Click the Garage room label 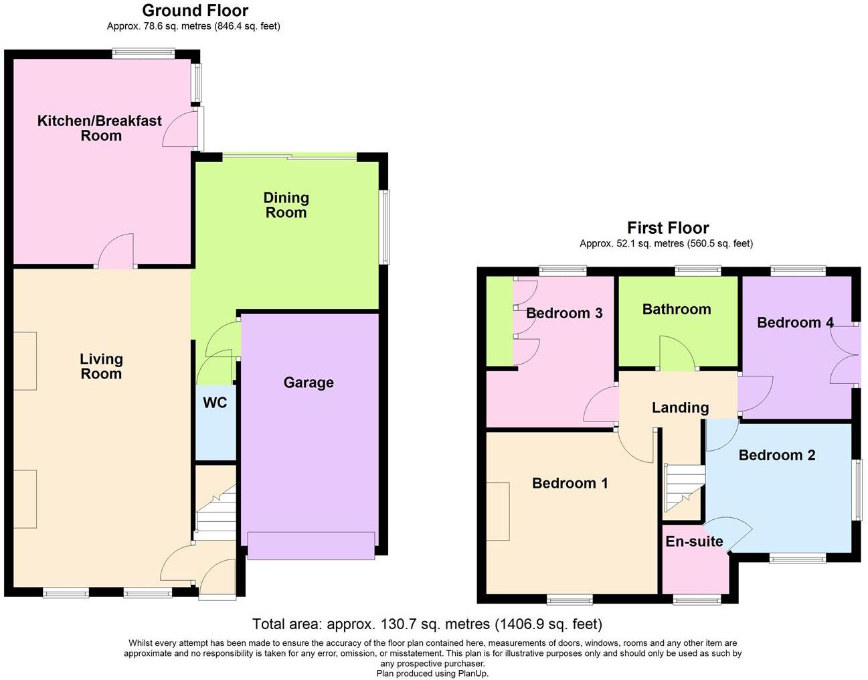[x=309, y=383]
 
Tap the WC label [x=215, y=403]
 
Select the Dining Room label [x=286, y=205]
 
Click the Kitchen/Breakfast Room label [x=100, y=128]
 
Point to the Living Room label [x=101, y=366]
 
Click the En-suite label [x=694, y=541]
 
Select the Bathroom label [x=677, y=309]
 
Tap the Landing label [x=680, y=407]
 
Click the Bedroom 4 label [x=795, y=322]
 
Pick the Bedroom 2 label [x=776, y=455]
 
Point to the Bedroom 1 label [x=570, y=483]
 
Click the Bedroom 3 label [x=564, y=313]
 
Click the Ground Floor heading [x=195, y=11]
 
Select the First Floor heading [x=667, y=228]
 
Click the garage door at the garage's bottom [x=311, y=545]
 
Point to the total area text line [x=427, y=624]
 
